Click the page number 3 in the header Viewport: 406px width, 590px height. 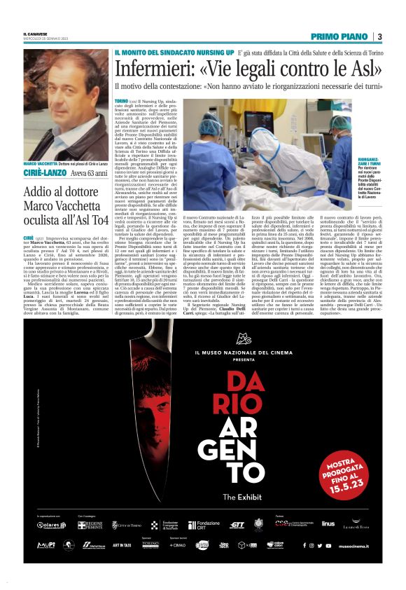pos(379,36)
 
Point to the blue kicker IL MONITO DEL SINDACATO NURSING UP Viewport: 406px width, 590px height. pos(174,53)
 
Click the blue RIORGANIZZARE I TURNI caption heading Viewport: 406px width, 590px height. pos(367,164)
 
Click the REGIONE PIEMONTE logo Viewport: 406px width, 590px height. pos(90,524)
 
